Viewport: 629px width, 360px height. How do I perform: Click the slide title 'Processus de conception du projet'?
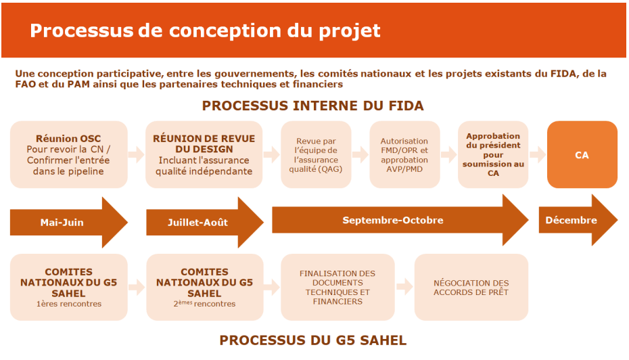click(x=205, y=30)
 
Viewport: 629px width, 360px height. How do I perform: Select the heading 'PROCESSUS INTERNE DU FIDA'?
click(x=313, y=106)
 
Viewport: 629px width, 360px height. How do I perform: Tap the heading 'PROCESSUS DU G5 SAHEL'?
click(x=313, y=340)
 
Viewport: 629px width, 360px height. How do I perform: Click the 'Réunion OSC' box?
click(x=68, y=154)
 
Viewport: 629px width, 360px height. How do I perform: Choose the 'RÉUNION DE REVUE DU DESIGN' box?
click(x=204, y=154)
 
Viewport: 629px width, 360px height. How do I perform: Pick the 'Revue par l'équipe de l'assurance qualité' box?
click(x=316, y=154)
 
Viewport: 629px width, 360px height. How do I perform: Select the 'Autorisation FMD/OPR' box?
click(x=404, y=154)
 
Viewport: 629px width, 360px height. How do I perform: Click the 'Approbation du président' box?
click(x=493, y=154)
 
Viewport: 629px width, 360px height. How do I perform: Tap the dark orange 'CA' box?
click(x=582, y=154)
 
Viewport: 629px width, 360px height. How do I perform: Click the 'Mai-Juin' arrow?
click(x=68, y=223)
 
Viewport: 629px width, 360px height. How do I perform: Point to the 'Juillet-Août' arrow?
click(x=204, y=223)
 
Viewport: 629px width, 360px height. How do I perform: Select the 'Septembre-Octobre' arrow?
click(x=400, y=220)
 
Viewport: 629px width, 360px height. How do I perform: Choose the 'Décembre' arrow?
click(x=578, y=220)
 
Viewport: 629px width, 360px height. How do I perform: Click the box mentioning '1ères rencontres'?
click(x=68, y=287)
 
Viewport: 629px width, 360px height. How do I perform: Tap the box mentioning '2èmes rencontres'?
click(x=204, y=287)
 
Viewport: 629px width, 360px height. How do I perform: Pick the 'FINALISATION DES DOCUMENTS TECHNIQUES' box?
click(x=337, y=287)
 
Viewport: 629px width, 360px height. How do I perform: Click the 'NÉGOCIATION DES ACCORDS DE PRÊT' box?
click(x=471, y=287)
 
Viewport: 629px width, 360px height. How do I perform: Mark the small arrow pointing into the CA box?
click(x=538, y=154)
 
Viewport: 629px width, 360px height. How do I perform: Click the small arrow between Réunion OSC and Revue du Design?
click(x=137, y=154)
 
